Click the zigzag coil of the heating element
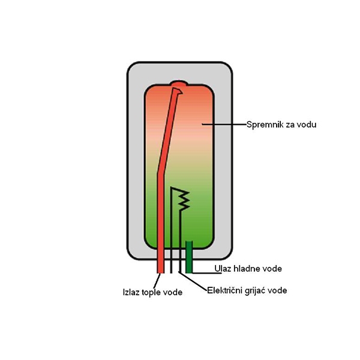pyautogui.click(x=184, y=200)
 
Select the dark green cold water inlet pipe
pyautogui.click(x=189, y=257)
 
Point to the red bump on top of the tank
pyautogui.click(x=179, y=83)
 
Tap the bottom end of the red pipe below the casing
pyautogui.click(x=160, y=273)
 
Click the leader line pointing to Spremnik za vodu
pyautogui.click(x=224, y=124)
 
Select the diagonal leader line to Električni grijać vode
pyautogui.click(x=193, y=281)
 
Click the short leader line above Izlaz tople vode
pyautogui.click(x=157, y=281)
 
